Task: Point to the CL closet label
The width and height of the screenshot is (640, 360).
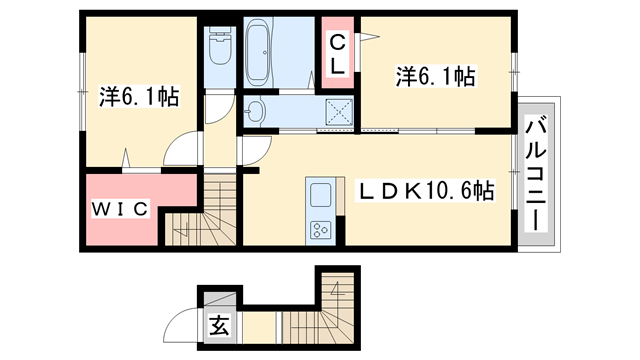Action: coord(338,55)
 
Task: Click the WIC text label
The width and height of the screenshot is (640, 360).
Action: coord(121,208)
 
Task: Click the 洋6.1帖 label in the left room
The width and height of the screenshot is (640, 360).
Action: coord(139,97)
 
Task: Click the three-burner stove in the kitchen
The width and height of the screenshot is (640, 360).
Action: coord(321,229)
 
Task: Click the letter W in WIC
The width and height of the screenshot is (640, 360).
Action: coord(102,208)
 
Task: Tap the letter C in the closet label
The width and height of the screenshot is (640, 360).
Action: coord(338,43)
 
